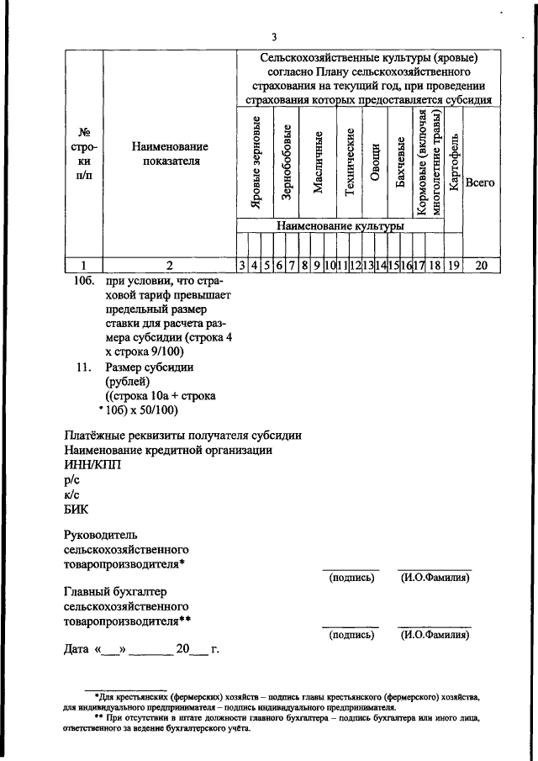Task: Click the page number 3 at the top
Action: tap(274, 36)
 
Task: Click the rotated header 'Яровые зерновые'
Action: tap(255, 168)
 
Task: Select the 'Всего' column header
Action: tap(480, 182)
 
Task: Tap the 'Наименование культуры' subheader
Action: tap(340, 226)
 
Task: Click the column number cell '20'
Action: tap(481, 266)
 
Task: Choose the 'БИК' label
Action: tap(76, 508)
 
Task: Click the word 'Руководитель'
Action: tap(101, 535)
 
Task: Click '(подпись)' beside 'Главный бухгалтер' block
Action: tap(351, 636)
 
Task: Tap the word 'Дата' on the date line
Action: tap(78, 649)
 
